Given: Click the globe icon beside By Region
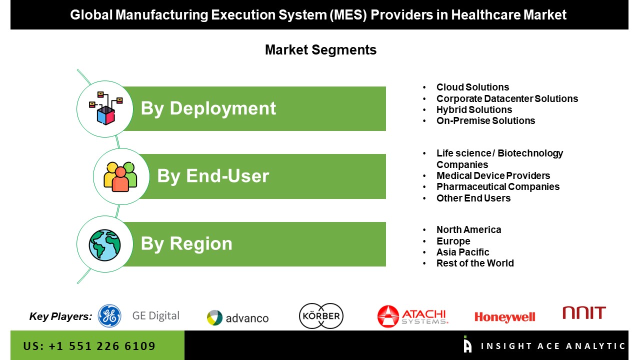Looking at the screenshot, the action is (x=104, y=245).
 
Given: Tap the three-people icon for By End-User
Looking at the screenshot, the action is (x=120, y=176).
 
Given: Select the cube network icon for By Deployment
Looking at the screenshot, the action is (x=105, y=108).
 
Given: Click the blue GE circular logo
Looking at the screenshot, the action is (x=109, y=315).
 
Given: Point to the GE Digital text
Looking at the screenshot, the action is (x=156, y=315).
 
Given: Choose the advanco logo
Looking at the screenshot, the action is (x=237, y=317).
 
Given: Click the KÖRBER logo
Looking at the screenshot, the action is (x=321, y=316).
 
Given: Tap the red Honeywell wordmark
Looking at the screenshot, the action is (x=504, y=317).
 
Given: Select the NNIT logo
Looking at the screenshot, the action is (x=584, y=312).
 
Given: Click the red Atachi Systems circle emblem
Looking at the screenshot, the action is (x=388, y=316).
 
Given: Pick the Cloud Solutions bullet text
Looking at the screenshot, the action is (x=472, y=87).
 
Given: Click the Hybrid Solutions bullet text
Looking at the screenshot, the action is (x=474, y=109).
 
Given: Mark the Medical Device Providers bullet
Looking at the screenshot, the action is (x=493, y=175).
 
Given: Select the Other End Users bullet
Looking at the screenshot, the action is (x=473, y=198).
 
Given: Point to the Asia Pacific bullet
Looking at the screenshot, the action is (x=462, y=252).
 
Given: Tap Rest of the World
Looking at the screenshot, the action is (x=475, y=263).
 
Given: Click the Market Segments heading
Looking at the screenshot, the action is (x=320, y=50).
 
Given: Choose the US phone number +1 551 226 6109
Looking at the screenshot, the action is (x=102, y=346).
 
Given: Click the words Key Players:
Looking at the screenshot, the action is (x=60, y=316).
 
